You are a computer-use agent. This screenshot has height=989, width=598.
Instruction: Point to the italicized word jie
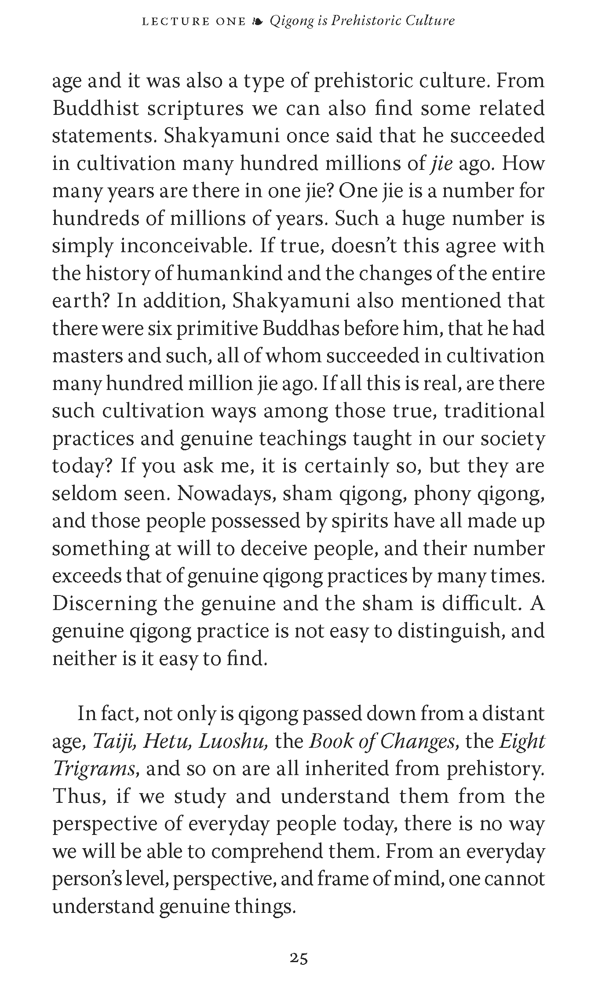pos(441,164)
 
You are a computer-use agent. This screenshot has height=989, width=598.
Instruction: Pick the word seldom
pos(83,494)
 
